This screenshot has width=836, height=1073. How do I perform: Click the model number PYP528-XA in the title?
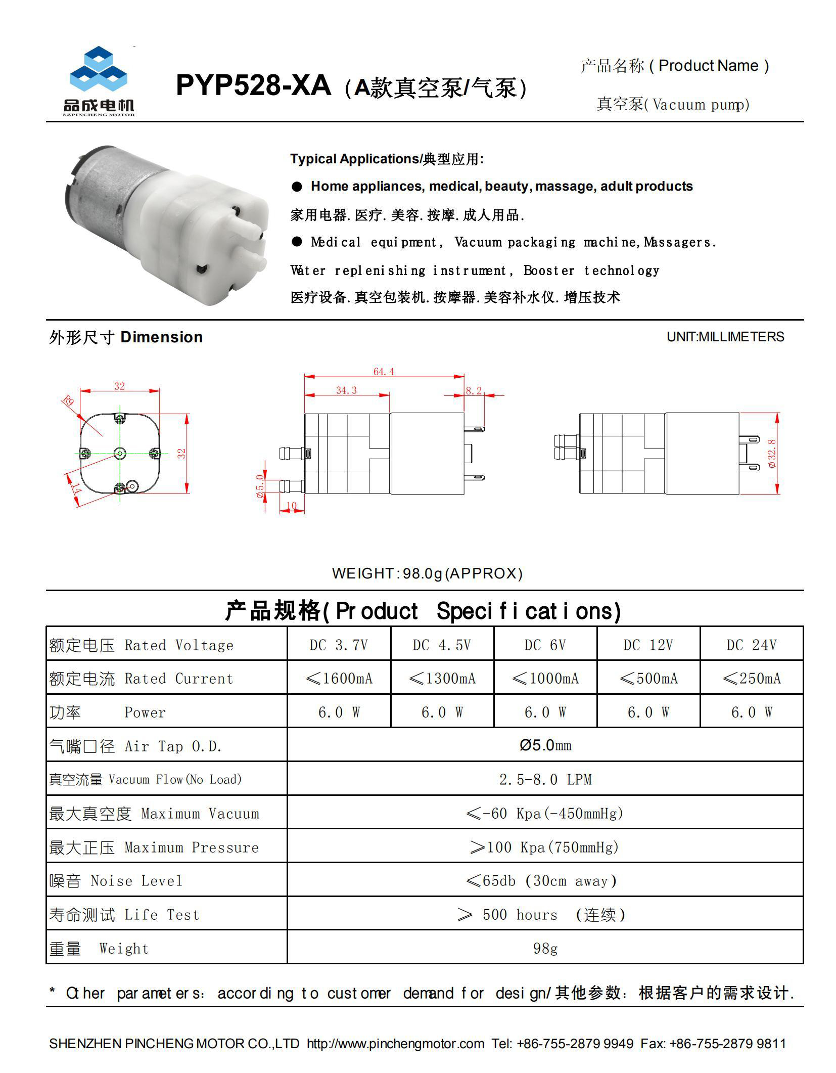[253, 85]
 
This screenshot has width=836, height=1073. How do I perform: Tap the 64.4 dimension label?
[383, 372]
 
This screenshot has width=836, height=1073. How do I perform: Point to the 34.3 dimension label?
[346, 390]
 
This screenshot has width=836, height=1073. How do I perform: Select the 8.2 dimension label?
[474, 390]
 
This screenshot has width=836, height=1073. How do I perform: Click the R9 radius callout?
[68, 401]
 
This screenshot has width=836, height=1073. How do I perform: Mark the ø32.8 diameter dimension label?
[772, 453]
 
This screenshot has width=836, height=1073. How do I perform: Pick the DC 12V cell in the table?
[648, 645]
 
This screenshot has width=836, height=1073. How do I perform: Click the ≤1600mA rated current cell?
[339, 679]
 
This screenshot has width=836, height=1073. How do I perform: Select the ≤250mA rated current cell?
[751, 679]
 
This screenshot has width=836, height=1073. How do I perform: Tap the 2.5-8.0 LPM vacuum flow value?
[545, 779]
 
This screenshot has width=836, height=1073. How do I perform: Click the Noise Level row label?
[116, 881]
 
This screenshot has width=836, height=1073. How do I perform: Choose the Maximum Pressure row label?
[154, 847]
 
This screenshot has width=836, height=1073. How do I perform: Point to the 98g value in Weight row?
[545, 948]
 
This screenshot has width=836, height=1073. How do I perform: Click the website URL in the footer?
[395, 1043]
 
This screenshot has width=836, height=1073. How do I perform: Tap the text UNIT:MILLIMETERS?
[725, 337]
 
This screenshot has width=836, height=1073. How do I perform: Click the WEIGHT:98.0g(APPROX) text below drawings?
[427, 573]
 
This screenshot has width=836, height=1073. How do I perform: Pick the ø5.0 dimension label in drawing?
[260, 486]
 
